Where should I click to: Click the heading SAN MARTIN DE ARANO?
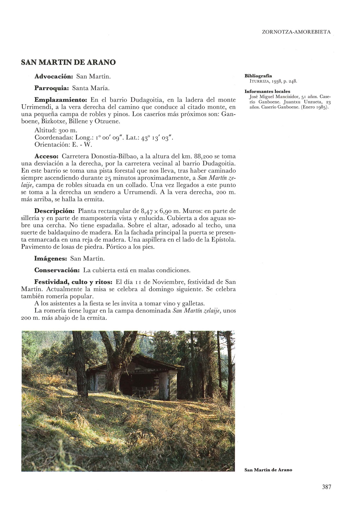click(x=69, y=62)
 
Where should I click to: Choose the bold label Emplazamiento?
click(x=61, y=100)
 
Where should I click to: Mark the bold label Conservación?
click(x=57, y=270)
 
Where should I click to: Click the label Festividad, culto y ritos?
click(x=73, y=282)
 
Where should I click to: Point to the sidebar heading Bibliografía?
click(x=258, y=76)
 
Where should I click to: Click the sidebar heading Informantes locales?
click(x=267, y=92)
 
